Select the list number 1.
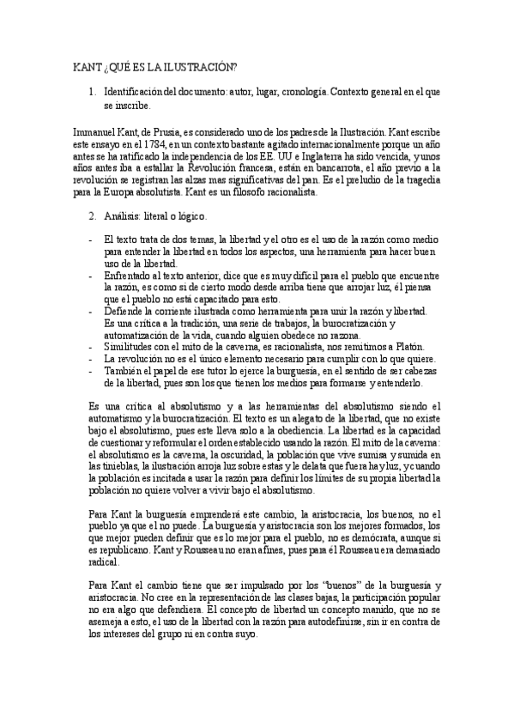[92, 90]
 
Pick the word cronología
[298, 90]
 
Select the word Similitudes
[129, 346]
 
